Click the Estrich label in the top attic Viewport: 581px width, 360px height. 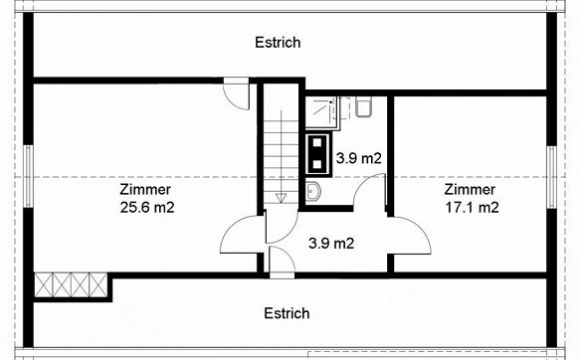pyautogui.click(x=278, y=43)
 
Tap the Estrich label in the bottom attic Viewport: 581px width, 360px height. pyautogui.click(x=287, y=313)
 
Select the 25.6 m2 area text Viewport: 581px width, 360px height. pyautogui.click(x=147, y=208)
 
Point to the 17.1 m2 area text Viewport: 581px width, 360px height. pyautogui.click(x=472, y=208)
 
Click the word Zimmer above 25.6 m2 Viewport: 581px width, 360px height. pyautogui.click(x=145, y=190)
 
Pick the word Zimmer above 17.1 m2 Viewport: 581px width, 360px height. pyautogui.click(x=470, y=190)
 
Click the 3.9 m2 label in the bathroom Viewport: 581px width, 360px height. pyautogui.click(x=359, y=158)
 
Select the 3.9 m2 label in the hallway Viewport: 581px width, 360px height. pyautogui.click(x=331, y=244)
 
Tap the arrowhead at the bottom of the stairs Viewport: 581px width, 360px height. pyautogui.click(x=282, y=198)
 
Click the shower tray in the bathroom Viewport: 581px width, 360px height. pyautogui.click(x=322, y=113)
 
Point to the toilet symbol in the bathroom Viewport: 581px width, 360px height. pyautogui.click(x=364, y=107)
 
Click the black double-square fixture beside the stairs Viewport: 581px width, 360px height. pyautogui.click(x=317, y=154)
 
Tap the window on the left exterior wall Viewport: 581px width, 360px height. pyautogui.click(x=28, y=176)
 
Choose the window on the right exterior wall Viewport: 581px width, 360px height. pyautogui.click(x=552, y=177)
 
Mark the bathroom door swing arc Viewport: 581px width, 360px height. pyautogui.click(x=360, y=185)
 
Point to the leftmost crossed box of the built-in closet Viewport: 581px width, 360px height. pyautogui.click(x=44, y=284)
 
